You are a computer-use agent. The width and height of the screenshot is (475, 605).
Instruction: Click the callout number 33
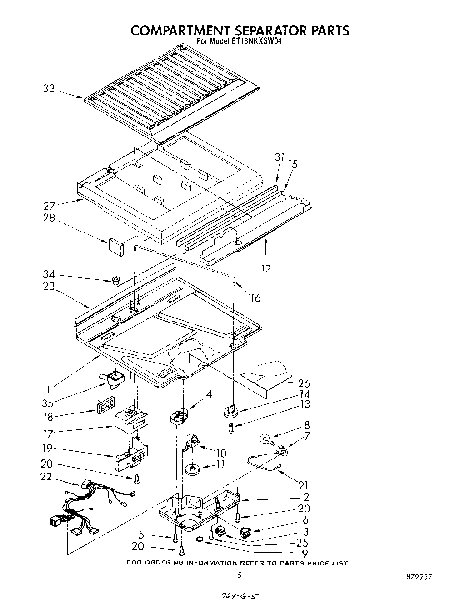click(49, 89)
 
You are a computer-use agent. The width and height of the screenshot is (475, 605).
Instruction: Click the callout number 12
click(266, 269)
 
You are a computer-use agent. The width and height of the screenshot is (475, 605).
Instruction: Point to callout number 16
click(255, 298)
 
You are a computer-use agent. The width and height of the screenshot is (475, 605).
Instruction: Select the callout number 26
click(304, 383)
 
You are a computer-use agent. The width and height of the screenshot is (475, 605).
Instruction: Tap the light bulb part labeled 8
click(265, 439)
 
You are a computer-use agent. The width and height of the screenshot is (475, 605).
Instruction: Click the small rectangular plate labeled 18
click(105, 405)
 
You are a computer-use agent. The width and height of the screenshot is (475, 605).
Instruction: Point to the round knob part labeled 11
click(194, 469)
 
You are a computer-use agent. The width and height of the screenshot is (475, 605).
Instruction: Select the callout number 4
click(209, 394)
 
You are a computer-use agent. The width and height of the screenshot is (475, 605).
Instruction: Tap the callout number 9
click(304, 553)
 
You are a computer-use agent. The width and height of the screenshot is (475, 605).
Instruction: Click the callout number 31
click(279, 157)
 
